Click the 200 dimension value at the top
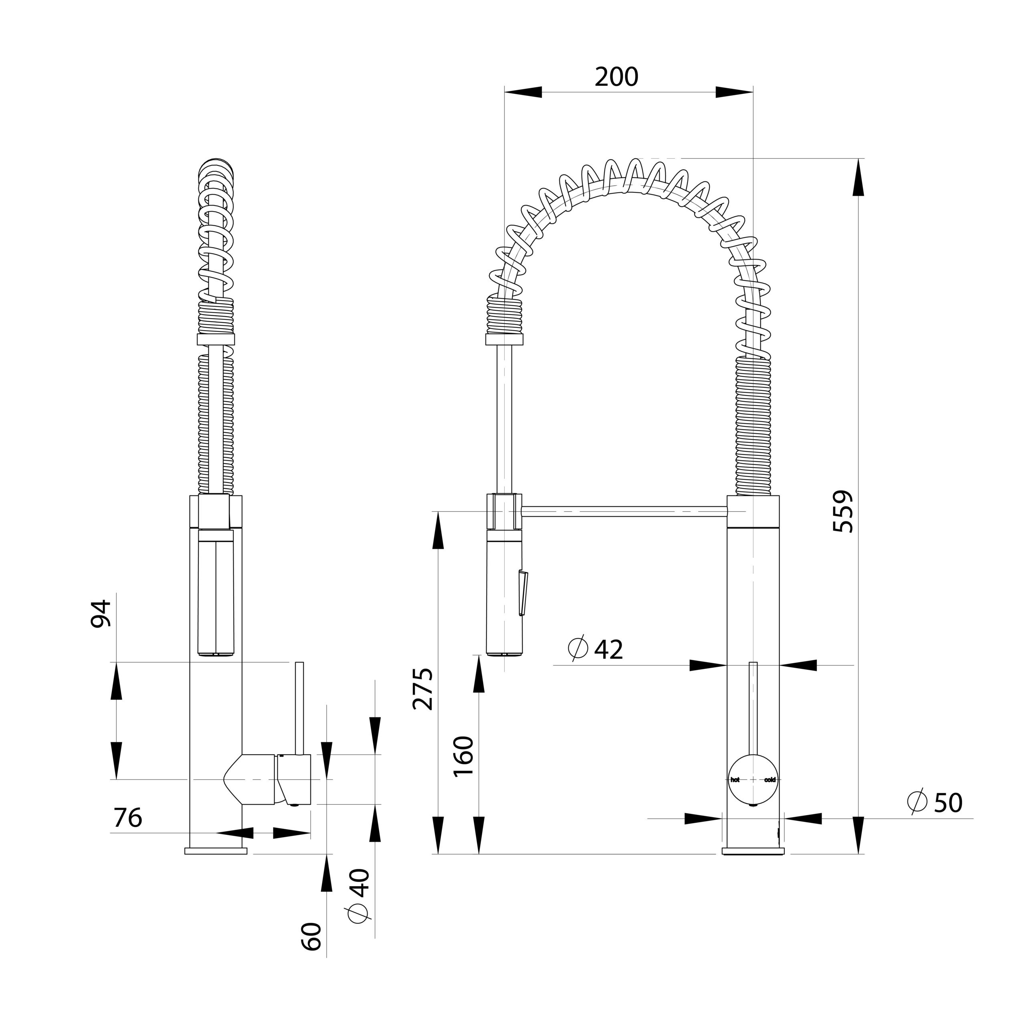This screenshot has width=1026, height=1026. (x=616, y=77)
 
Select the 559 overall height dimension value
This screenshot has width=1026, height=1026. (x=843, y=511)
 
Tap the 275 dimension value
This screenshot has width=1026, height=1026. (x=423, y=689)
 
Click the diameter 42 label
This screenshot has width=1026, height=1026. (x=595, y=649)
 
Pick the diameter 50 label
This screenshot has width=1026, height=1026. (x=935, y=802)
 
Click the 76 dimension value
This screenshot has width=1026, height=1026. (x=127, y=818)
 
